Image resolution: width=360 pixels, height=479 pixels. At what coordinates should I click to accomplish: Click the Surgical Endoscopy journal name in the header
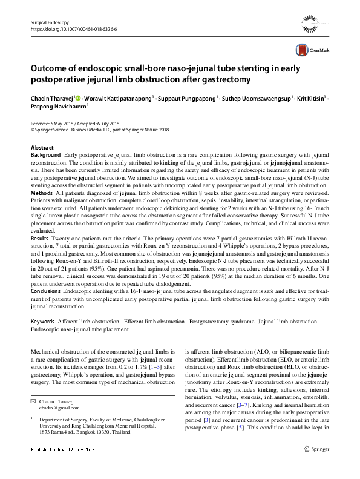(50, 22)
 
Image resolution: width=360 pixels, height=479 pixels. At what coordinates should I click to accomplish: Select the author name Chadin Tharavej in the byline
(51, 98)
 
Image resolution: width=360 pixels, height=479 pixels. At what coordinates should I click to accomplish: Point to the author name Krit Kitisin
(311, 98)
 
